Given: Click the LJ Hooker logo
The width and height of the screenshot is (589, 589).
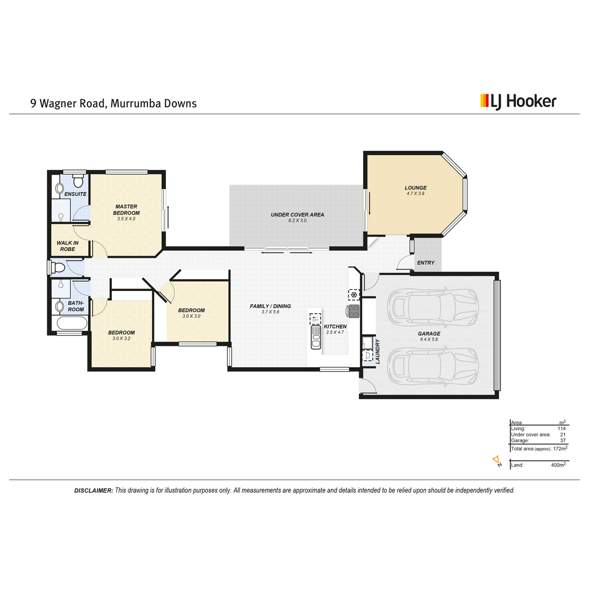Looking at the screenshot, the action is tap(518, 102).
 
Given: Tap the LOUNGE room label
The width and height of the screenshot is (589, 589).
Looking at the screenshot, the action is tap(415, 187).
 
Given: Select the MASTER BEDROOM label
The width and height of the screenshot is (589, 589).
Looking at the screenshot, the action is tap(126, 210).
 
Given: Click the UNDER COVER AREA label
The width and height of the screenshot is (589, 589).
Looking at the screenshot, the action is tap(297, 214).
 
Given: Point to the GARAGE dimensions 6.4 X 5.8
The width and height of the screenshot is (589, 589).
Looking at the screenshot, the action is tap(429, 339).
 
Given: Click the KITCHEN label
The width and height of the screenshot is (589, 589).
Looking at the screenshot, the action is tap(335, 326).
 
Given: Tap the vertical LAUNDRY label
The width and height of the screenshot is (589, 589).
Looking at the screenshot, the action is tap(377, 351).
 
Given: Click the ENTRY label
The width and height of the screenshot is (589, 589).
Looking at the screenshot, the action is tap(426, 263).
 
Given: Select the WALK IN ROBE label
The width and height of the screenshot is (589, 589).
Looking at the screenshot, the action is tap(68, 246).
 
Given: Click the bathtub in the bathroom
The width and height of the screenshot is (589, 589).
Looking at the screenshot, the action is tap(72, 323).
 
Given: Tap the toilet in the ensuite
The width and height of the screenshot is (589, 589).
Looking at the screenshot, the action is tap(79, 181).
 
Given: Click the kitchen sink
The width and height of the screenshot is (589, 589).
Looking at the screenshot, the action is tap(316, 337).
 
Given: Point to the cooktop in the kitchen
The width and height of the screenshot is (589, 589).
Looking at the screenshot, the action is tap(353, 312).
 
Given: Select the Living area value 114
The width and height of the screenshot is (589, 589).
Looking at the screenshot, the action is tap(562, 428).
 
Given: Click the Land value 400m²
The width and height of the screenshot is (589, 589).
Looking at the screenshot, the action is tap(558, 465).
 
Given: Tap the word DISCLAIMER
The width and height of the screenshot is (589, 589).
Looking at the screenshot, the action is tap(94, 490).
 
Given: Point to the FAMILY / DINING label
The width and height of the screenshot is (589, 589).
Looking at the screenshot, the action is tap(270, 306).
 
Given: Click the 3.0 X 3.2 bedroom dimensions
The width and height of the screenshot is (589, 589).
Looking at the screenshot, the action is tap(121, 338).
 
